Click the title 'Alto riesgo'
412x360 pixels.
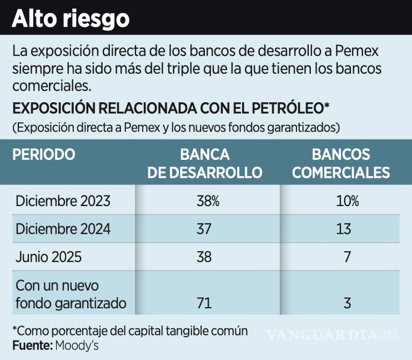(x=71, y=18)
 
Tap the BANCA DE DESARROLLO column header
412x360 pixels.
(x=205, y=163)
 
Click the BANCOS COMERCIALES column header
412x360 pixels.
(x=341, y=163)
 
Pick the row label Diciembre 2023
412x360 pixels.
(x=63, y=201)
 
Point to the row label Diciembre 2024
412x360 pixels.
(x=63, y=229)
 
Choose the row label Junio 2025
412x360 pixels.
(x=49, y=257)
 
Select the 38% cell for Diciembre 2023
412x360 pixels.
(x=208, y=201)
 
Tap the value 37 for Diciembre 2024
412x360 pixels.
(x=205, y=229)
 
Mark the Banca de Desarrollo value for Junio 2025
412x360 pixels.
(x=205, y=257)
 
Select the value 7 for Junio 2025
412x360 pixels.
(x=347, y=257)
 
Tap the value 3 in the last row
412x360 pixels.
(x=347, y=304)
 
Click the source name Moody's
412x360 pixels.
(x=77, y=346)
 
